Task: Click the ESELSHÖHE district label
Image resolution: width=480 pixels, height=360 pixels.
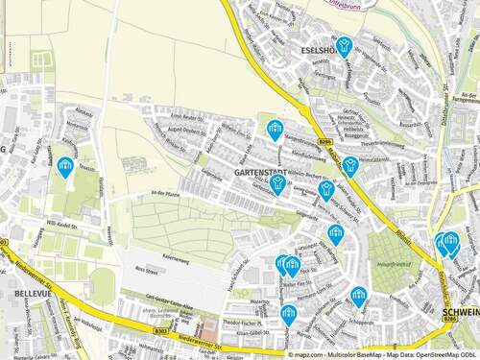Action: click(x=320, y=49)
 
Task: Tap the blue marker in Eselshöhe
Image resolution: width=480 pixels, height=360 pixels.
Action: click(x=345, y=45)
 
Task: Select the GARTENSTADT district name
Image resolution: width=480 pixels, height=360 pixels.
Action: click(x=257, y=172)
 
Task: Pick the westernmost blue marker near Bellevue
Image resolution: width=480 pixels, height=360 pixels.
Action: click(x=65, y=167)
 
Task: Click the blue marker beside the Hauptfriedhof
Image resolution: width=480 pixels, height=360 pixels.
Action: click(x=358, y=296)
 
